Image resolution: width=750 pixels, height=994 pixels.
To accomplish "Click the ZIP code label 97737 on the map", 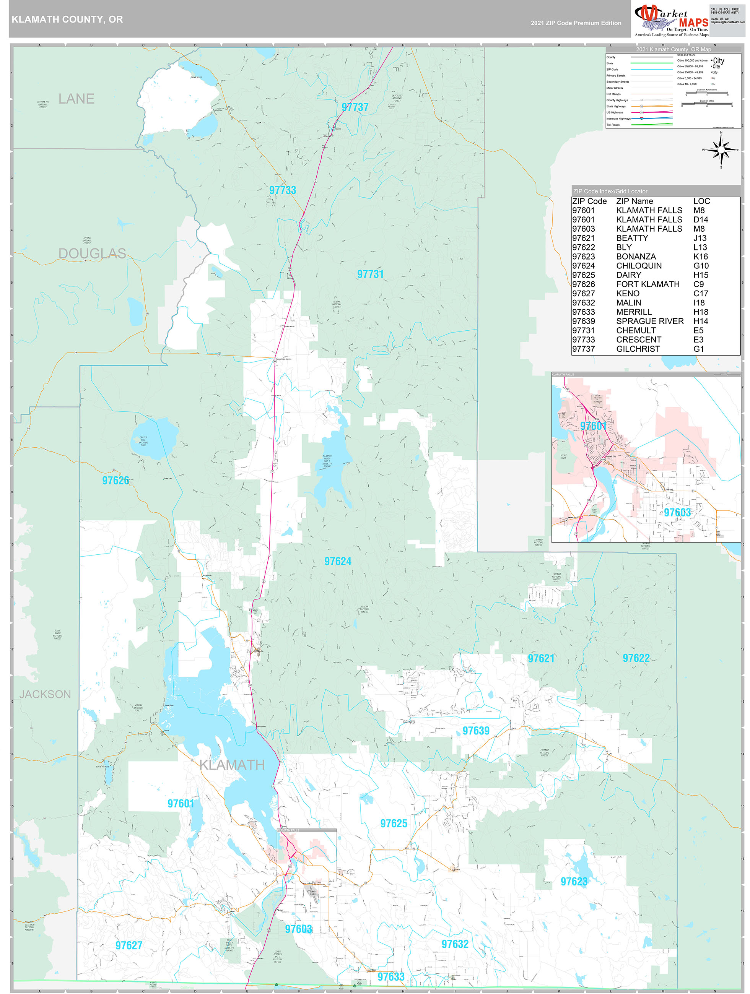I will coord(355,107).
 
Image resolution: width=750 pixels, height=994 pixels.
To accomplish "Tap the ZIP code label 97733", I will coord(282,190).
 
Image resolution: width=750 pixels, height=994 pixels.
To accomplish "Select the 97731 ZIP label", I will coord(370,274).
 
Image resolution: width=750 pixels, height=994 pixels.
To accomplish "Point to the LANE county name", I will coord(76,99).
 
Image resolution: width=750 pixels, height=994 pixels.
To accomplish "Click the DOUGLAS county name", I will coord(92,253).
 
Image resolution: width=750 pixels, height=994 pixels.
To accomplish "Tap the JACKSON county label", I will coord(45,694).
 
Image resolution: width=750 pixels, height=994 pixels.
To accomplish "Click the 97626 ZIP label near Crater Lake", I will coord(116,481).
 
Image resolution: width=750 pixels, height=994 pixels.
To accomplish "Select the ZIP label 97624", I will coord(338,561).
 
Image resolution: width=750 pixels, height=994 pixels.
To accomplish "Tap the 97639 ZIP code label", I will coord(476,731).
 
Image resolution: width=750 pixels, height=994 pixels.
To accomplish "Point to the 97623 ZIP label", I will coord(574,882).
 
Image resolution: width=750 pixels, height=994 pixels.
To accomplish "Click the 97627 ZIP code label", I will coord(129,945).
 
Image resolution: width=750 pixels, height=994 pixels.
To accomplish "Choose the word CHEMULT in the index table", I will coord(636,330).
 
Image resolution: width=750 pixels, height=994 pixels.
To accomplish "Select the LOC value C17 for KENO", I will coord(701,294).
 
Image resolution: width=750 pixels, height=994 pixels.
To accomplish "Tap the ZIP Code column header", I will coord(589,201).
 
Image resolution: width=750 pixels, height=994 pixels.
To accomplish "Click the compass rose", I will coord(721,149).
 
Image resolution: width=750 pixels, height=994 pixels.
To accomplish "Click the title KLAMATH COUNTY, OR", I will coord(67,19).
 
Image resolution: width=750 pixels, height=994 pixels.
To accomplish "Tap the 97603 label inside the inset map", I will coord(677,512).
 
